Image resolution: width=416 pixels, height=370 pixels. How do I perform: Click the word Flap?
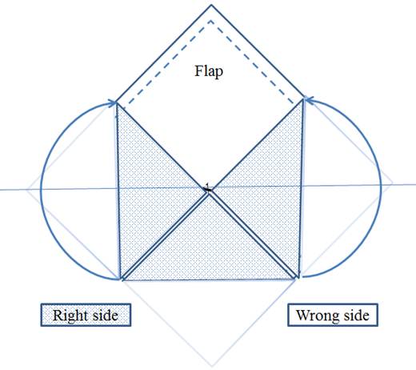[x=209, y=72]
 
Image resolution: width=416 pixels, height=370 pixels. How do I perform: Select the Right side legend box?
[x=86, y=315]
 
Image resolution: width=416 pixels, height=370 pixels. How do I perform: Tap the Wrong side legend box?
[x=333, y=315]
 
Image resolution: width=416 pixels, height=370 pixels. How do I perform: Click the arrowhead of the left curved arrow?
[x=113, y=103]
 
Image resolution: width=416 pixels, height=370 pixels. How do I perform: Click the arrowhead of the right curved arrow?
[x=308, y=99]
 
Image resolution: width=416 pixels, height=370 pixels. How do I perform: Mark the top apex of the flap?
[x=211, y=5]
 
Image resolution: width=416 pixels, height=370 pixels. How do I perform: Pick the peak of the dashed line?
[x=210, y=21]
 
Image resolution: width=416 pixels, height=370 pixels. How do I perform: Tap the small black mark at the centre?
[x=207, y=188]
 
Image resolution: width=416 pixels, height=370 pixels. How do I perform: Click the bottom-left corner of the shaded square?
[x=122, y=280]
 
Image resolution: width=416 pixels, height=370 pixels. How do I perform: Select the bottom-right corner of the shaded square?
[x=297, y=279]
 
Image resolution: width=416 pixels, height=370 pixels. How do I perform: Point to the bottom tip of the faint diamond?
[x=212, y=366]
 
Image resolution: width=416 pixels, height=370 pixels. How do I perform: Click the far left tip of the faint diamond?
[x=27, y=190]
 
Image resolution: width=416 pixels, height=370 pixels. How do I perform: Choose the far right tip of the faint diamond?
[x=392, y=183]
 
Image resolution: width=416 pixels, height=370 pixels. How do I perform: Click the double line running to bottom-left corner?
[x=165, y=236]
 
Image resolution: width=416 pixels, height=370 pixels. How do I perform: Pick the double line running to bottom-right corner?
[x=254, y=235]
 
